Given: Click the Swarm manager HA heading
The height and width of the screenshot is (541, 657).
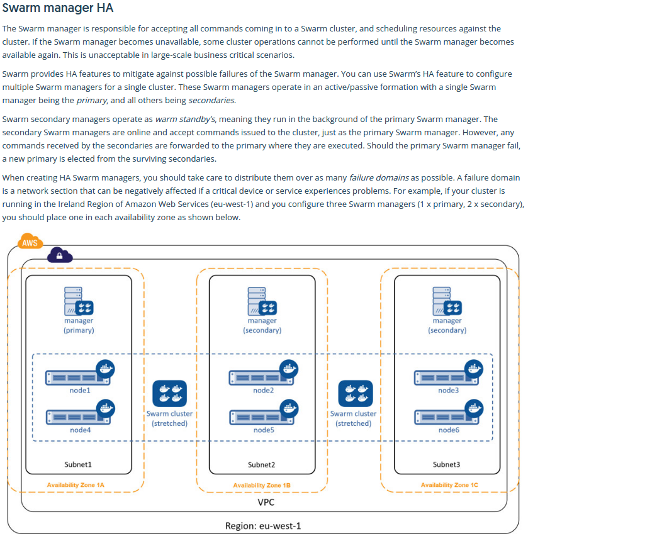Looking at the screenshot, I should click(x=58, y=9).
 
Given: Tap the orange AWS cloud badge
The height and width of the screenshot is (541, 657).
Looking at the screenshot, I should click(x=30, y=243).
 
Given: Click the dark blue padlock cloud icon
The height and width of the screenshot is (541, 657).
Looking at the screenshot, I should click(x=59, y=255).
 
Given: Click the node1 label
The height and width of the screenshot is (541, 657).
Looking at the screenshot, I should click(x=80, y=391).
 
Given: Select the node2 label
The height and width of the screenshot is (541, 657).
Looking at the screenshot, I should click(x=263, y=391).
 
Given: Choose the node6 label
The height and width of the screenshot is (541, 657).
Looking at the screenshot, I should click(x=448, y=430).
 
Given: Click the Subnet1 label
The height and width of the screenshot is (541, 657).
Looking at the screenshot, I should click(x=78, y=464).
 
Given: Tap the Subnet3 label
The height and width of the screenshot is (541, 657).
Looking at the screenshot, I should click(x=446, y=464).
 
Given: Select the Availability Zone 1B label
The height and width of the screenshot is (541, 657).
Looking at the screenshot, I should click(x=261, y=486).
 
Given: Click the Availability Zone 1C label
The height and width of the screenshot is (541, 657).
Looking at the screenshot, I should click(x=449, y=485).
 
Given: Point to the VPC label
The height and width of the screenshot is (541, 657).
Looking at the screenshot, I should click(x=266, y=503).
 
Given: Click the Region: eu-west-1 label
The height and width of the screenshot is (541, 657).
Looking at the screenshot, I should click(x=263, y=526).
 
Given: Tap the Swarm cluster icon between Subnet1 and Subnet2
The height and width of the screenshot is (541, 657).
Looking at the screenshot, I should click(x=170, y=394).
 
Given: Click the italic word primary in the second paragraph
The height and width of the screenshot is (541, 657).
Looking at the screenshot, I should click(x=91, y=100).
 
